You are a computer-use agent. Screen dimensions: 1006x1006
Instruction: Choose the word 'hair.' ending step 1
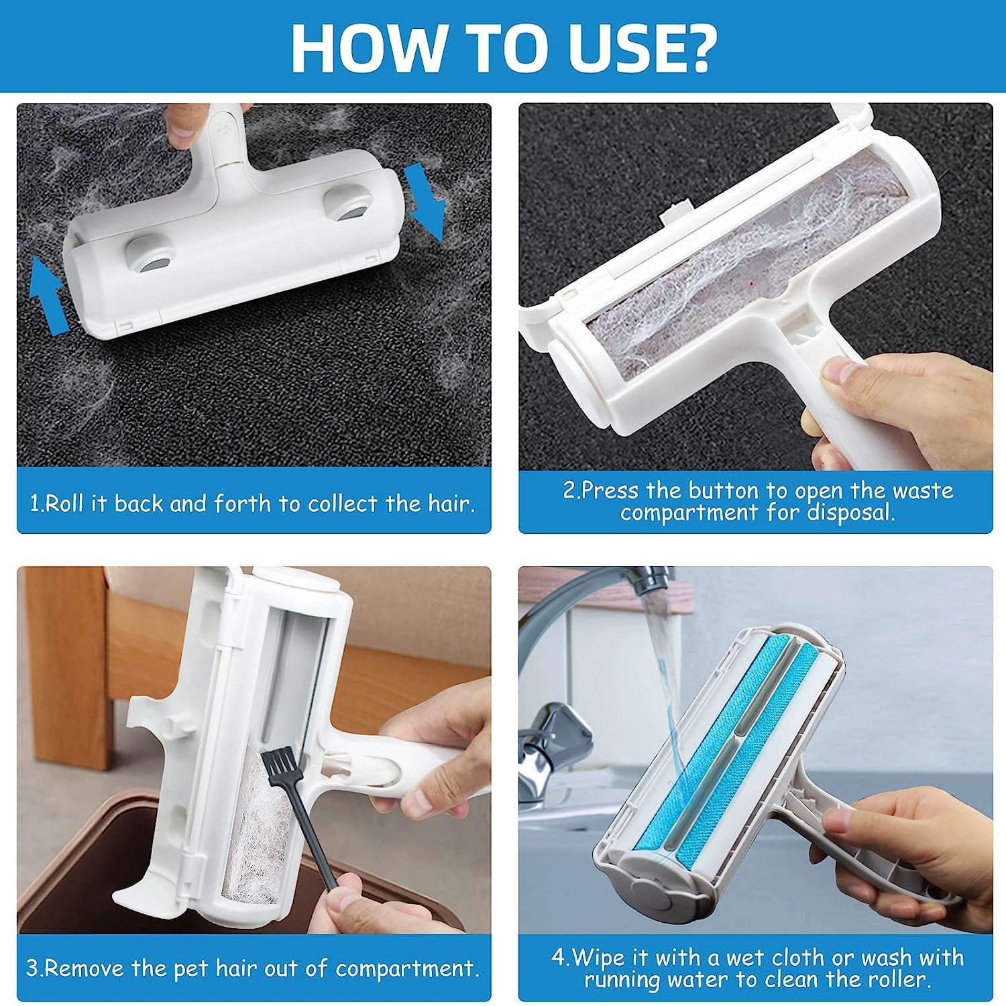coord(453,502)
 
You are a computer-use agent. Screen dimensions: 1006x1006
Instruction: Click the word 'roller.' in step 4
coord(897,980)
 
